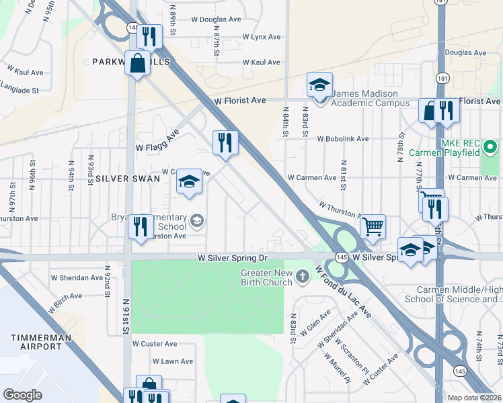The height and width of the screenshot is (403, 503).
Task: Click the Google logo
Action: point(22,395)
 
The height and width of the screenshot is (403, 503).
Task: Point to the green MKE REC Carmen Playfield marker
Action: point(490,146)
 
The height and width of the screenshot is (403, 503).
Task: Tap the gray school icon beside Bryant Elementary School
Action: point(197,220)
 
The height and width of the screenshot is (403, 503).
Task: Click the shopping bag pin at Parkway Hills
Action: point(137,65)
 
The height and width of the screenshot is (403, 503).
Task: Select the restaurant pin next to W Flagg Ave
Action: point(225,142)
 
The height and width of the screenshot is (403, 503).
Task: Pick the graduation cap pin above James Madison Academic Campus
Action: point(319,85)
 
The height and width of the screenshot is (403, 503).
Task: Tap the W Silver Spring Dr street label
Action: point(232,258)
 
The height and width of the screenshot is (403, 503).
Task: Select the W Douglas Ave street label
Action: point(215,20)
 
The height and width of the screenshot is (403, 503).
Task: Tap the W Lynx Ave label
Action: point(261,36)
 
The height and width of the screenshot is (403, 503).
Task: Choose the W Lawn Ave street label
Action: point(172,361)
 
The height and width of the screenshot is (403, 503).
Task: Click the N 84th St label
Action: point(286,122)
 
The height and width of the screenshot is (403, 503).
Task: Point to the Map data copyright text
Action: point(474,398)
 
